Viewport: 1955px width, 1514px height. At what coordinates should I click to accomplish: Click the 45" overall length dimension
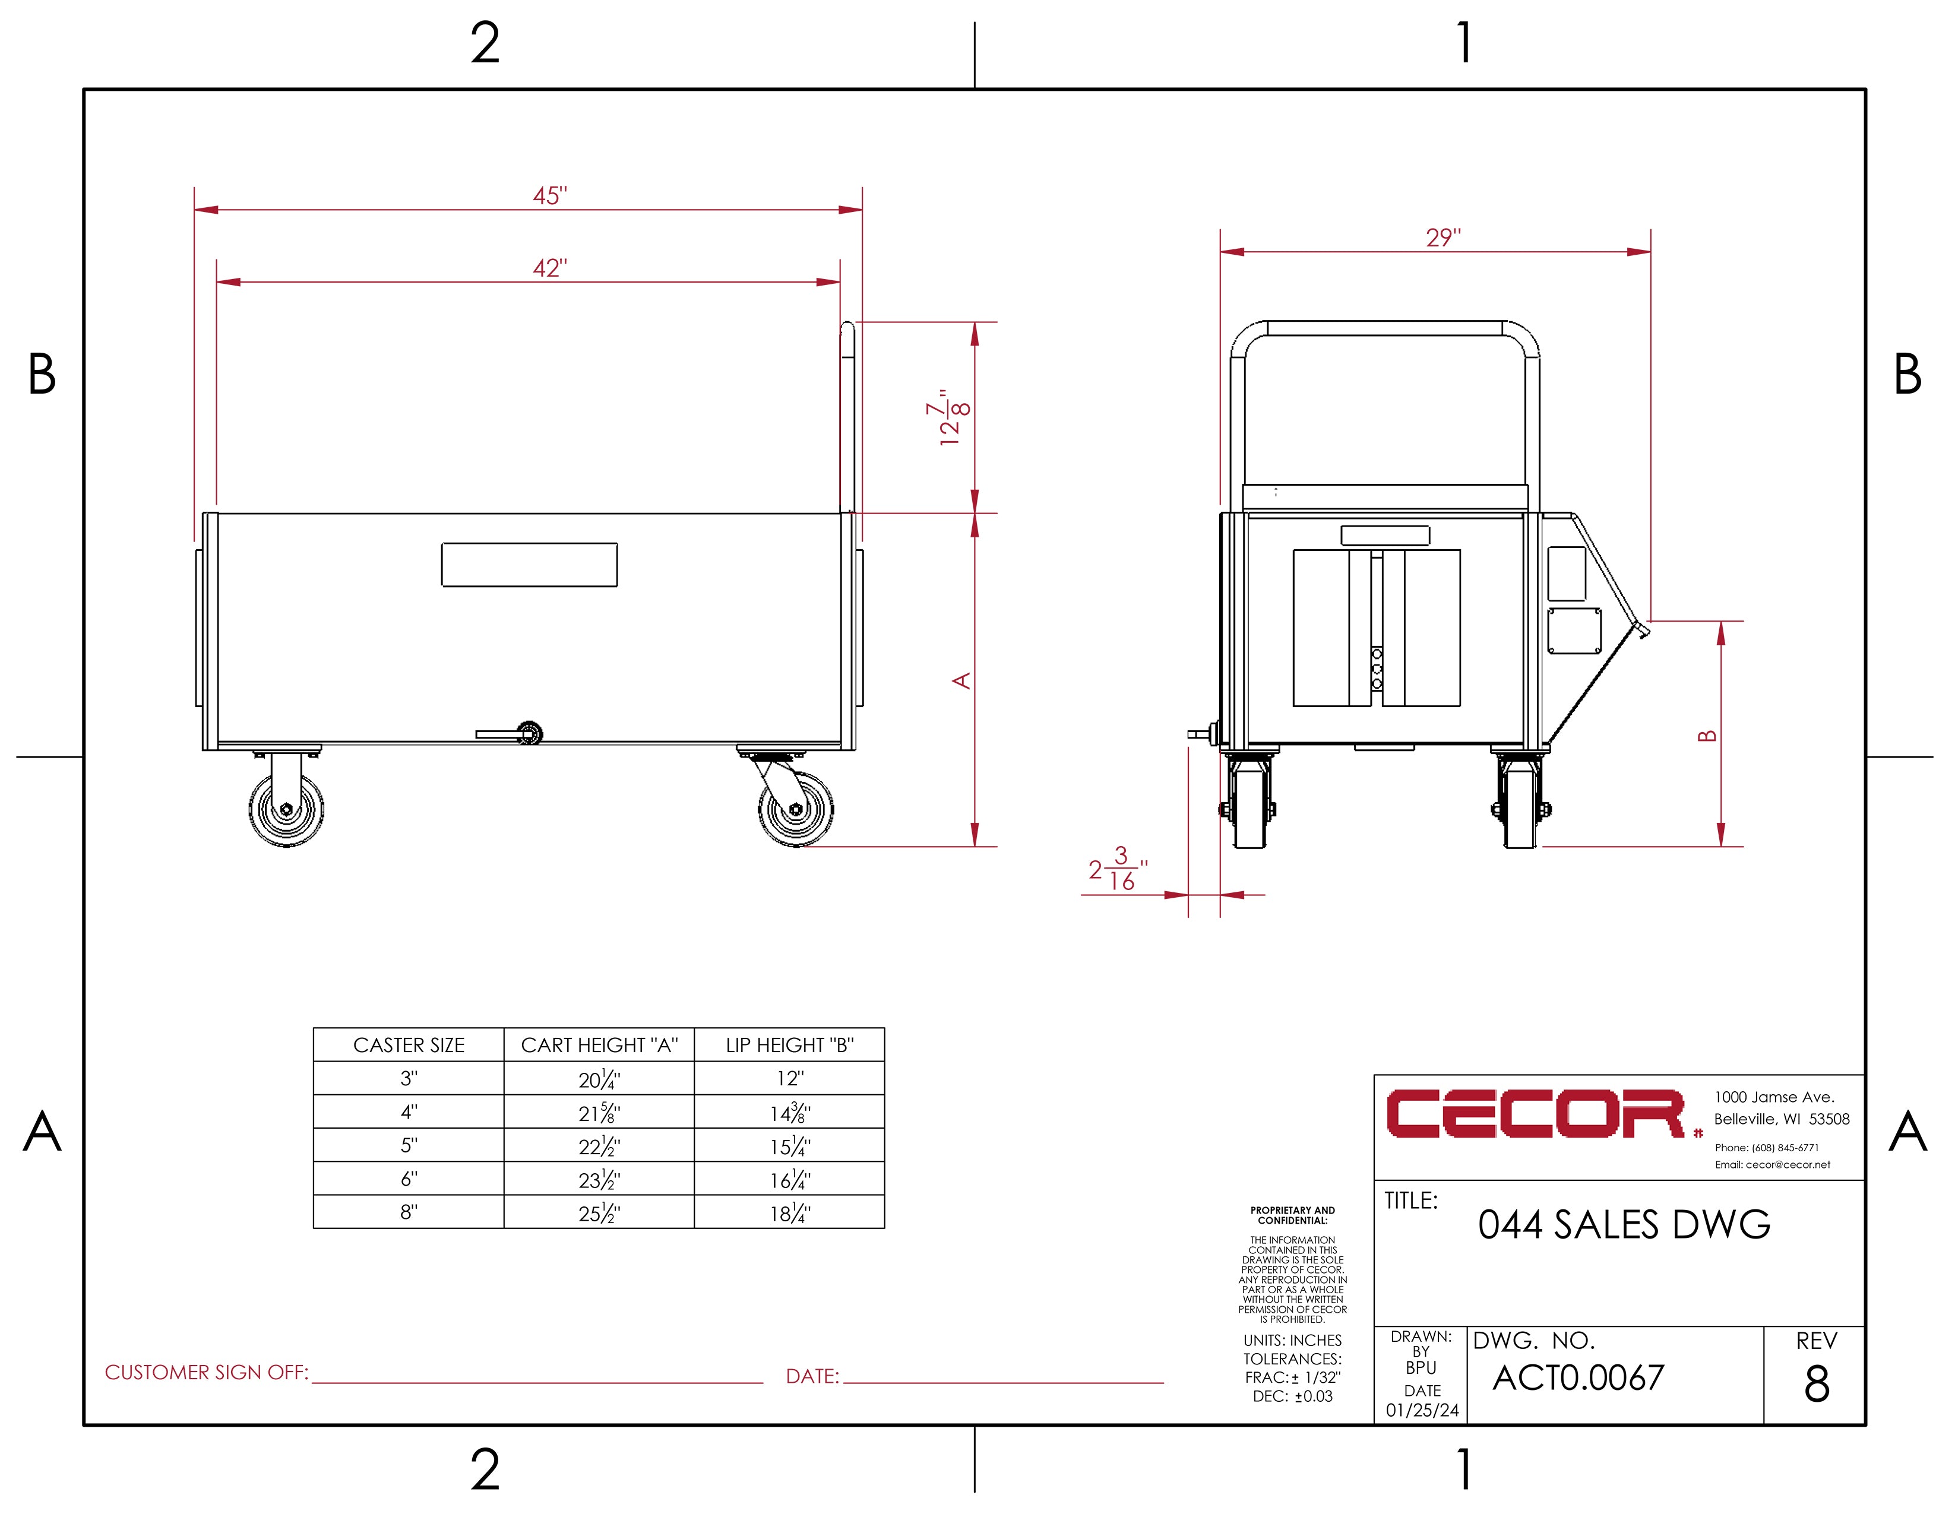pyautogui.click(x=549, y=195)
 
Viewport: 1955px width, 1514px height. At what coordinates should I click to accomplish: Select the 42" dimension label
pyautogui.click(x=549, y=268)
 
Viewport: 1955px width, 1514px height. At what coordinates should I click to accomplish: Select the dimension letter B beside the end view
pyautogui.click(x=1707, y=736)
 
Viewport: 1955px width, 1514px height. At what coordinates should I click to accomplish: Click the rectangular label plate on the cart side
pyautogui.click(x=529, y=565)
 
